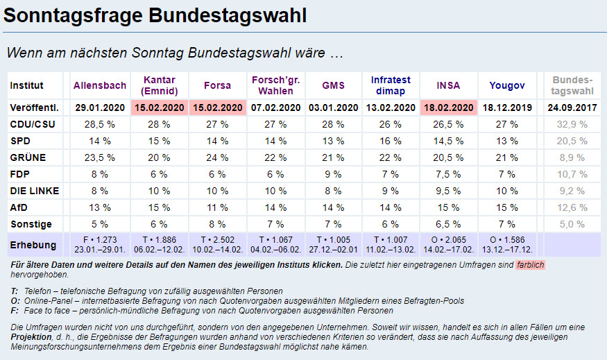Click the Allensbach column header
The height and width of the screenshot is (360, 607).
tap(101, 86)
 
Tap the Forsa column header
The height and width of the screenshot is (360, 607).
tap(217, 86)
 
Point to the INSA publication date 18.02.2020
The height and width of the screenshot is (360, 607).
tap(448, 108)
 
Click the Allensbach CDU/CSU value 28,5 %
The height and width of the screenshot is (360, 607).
tap(101, 124)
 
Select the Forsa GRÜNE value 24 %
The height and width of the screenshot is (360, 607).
tap(217, 157)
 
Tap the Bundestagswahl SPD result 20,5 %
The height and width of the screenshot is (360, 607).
tap(573, 141)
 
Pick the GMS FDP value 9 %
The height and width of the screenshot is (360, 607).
tap(333, 174)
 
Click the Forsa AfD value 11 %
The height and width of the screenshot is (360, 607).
tap(217, 207)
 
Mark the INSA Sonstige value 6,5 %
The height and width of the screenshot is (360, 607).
tap(448, 224)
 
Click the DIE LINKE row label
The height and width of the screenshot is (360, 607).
tap(35, 191)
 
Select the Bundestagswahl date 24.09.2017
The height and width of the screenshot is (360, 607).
tap(573, 108)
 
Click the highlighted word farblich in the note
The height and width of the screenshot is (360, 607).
tap(529, 265)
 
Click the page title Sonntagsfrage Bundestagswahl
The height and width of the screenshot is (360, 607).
tap(155, 15)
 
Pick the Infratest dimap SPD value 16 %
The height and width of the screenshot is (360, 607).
tap(390, 141)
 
